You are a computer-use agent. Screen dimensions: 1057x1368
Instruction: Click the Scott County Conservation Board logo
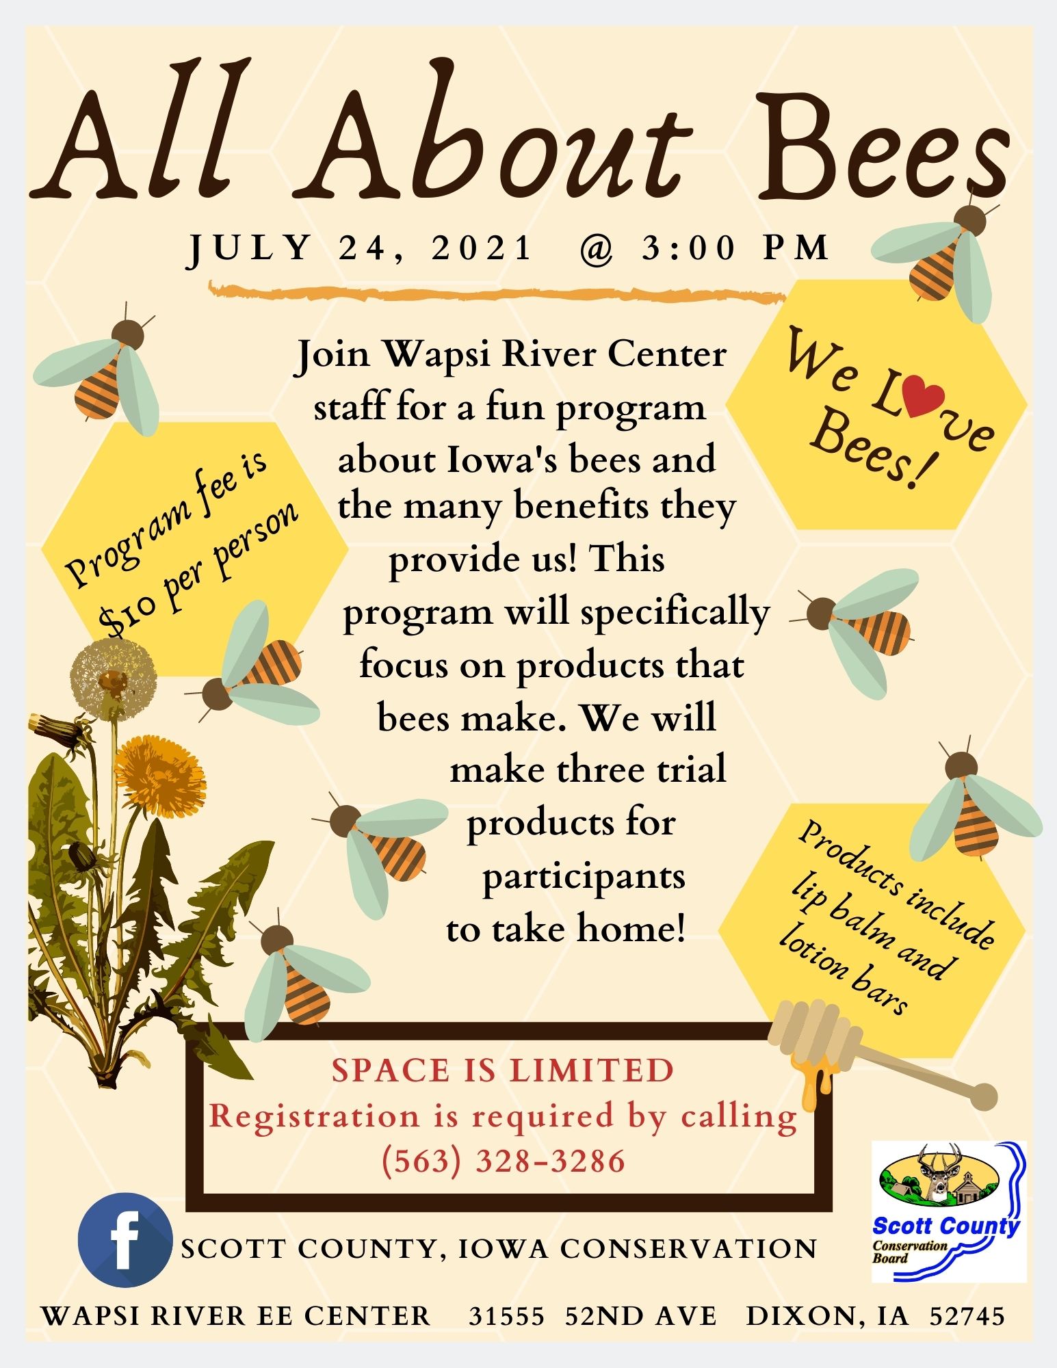pyautogui.click(x=948, y=1211)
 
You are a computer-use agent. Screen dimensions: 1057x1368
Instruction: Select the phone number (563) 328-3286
pyautogui.click(x=504, y=1161)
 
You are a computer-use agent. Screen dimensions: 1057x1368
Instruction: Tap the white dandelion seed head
pyautogui.click(x=114, y=676)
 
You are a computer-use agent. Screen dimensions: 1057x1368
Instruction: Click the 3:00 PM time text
pyautogui.click(x=735, y=248)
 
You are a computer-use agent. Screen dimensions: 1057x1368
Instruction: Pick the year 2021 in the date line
pyautogui.click(x=482, y=248)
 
